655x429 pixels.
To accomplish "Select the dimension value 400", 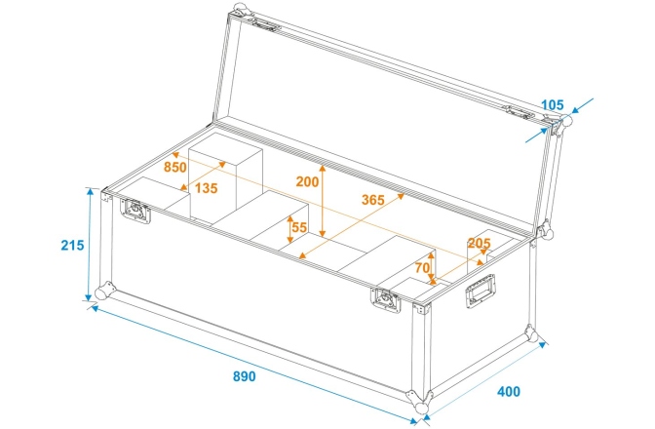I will click(x=508, y=391).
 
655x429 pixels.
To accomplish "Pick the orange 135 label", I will click(x=206, y=187).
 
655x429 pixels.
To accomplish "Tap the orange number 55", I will click(x=299, y=227).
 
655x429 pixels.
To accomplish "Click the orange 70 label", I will click(x=422, y=266).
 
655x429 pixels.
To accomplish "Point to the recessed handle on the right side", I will click(x=481, y=290).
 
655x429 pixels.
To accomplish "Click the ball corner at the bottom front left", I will click(x=101, y=292).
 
